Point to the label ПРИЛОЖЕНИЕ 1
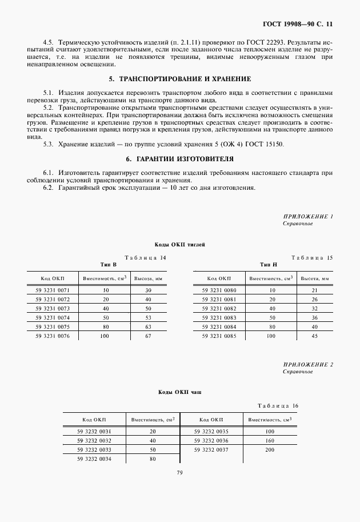[x=308, y=216]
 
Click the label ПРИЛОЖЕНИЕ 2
[x=308, y=364]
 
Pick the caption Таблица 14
[x=145, y=258]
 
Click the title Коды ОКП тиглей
[x=179, y=244]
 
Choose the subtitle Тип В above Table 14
[x=109, y=265]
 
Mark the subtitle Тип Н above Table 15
[x=269, y=265]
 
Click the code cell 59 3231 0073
[x=56, y=308]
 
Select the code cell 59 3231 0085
[x=218, y=336]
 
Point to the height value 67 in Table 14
[x=149, y=336]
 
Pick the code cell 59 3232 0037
[x=211, y=449]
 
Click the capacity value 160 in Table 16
[x=269, y=440]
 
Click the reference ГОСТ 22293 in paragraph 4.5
[x=266, y=43]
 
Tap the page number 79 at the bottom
[x=179, y=473]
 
